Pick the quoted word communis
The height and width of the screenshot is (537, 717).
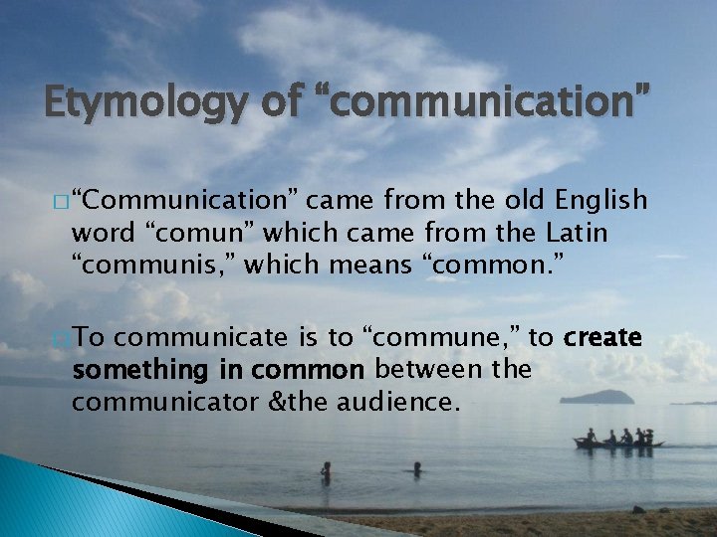pos(149,266)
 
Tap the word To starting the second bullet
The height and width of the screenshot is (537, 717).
pos(90,338)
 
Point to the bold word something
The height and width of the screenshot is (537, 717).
pos(137,370)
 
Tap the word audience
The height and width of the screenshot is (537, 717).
pos(396,402)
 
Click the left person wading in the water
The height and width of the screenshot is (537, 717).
pos(326,470)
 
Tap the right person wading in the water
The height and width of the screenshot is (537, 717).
pos(417,467)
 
